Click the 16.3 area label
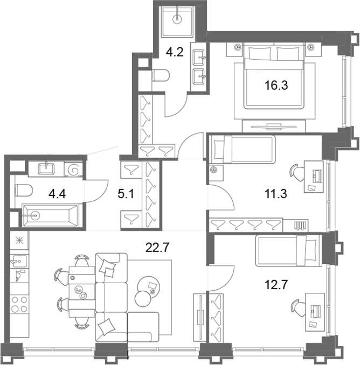(276, 85)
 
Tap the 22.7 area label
(157, 247)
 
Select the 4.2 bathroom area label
(175, 52)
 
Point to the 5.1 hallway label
(126, 194)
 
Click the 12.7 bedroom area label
(276, 284)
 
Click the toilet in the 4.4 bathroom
(24, 191)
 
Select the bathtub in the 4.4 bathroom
(51, 215)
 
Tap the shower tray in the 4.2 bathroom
(177, 21)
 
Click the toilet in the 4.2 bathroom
(161, 75)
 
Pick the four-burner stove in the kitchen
(19, 304)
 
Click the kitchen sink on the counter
(19, 261)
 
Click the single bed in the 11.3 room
(243, 150)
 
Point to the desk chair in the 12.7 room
(298, 308)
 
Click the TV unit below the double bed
(274, 126)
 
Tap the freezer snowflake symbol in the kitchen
(19, 241)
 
